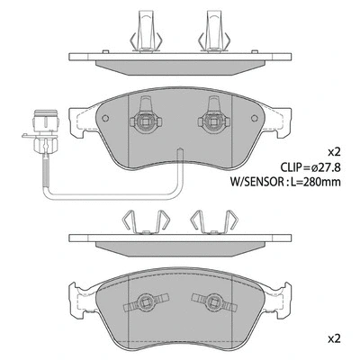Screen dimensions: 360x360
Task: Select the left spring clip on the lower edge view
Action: click(x=144, y=220)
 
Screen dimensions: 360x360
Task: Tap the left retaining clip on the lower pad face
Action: click(x=143, y=303)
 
